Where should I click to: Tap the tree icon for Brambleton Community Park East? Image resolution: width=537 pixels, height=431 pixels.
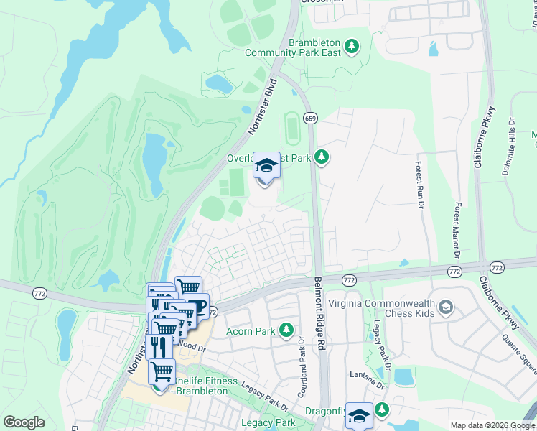pos(351,47)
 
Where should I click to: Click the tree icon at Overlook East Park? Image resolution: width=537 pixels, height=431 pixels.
pos(322,157)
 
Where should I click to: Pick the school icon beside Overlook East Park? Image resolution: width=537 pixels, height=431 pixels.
pos(266,167)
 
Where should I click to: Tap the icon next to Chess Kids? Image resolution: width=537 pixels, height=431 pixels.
pos(446,308)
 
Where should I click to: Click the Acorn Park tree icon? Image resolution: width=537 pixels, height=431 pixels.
pos(286,330)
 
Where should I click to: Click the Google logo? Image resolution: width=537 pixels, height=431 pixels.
pos(24,422)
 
